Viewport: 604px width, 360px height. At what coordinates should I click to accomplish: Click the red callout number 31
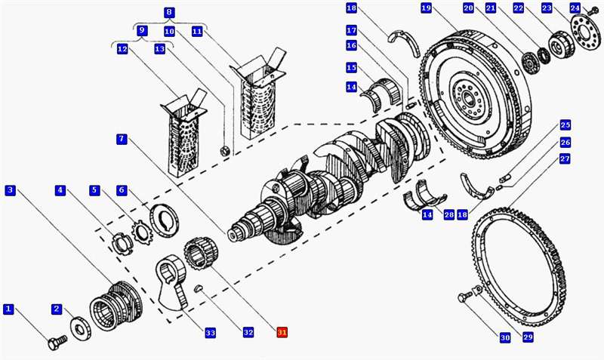282,332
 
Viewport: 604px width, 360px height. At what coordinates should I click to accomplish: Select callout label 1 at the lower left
8,309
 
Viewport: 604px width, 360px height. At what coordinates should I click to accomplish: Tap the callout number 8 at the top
168,12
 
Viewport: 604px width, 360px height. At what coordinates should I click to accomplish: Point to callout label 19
426,8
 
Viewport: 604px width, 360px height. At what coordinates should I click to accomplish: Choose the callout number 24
575,8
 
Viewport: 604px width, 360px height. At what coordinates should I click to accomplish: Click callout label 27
565,159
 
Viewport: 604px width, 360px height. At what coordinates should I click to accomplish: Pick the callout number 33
210,332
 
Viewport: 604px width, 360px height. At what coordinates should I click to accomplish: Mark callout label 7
122,139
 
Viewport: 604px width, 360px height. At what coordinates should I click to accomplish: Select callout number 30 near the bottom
505,337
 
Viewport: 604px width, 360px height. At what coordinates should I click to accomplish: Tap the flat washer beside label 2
79,327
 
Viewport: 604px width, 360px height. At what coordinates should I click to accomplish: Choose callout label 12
122,49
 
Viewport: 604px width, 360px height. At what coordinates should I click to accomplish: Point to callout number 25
565,125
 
